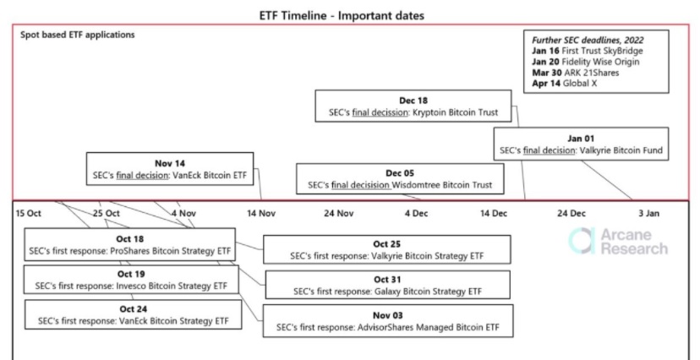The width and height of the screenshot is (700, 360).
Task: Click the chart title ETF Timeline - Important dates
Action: (342, 15)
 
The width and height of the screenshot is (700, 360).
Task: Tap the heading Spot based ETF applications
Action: (77, 35)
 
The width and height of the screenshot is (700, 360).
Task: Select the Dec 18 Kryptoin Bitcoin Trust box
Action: (413, 106)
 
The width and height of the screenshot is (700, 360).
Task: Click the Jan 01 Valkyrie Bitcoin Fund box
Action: (581, 144)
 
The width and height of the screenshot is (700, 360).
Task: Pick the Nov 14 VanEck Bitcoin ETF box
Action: (170, 169)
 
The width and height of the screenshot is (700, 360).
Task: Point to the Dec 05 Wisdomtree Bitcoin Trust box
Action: (400, 179)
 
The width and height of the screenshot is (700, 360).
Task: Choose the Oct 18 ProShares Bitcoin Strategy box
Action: (130, 245)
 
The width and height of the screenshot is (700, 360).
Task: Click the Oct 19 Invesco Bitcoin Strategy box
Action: (131, 280)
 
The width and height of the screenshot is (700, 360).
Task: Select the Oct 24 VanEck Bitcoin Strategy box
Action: (133, 314)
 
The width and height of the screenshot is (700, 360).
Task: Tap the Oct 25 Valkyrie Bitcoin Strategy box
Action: (386, 250)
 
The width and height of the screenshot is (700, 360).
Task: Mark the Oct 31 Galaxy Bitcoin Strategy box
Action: (387, 285)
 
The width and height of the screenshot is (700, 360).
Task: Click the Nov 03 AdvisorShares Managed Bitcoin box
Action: (387, 321)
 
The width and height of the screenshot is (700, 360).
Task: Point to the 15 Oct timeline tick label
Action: (29, 213)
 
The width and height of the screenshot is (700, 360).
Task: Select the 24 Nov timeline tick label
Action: (338, 213)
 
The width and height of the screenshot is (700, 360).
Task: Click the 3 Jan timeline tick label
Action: (648, 213)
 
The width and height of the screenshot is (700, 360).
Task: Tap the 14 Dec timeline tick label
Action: (494, 213)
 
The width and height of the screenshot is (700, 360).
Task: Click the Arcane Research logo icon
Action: (582, 241)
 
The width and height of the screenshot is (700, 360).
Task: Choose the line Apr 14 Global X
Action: (564, 83)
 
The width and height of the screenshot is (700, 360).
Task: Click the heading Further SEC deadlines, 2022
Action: (588, 41)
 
